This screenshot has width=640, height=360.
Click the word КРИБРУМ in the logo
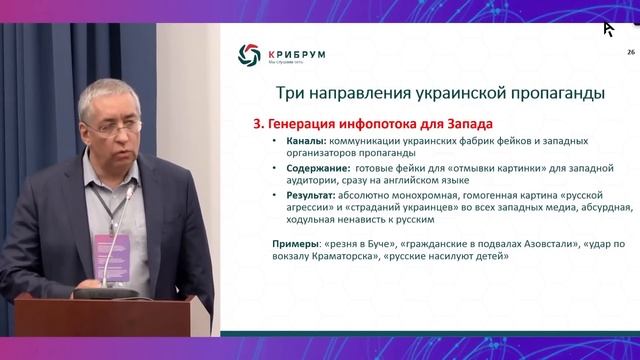pyautogui.click(x=295, y=53)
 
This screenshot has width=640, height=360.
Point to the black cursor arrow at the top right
pyautogui.click(x=607, y=28)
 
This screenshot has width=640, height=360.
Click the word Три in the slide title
pyautogui.click(x=290, y=95)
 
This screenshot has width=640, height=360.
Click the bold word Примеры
pyautogui.click(x=296, y=244)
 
